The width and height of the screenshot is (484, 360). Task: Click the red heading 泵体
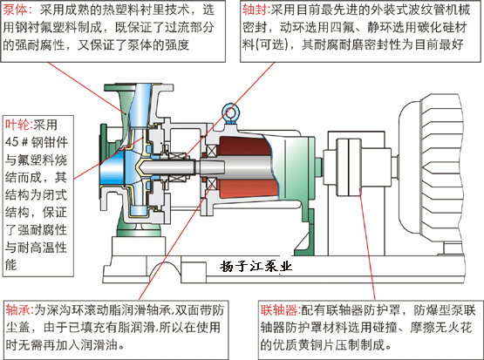15,10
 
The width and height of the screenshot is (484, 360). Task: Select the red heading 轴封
254,10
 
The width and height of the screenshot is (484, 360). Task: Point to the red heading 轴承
17,310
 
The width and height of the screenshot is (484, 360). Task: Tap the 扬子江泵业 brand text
256,266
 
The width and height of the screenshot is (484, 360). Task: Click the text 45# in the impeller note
17,142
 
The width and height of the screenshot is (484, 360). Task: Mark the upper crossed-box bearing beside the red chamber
211,151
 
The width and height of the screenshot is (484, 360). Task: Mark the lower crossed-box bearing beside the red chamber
211,183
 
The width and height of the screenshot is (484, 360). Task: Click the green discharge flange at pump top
139,87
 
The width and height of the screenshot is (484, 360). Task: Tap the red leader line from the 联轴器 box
367,245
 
